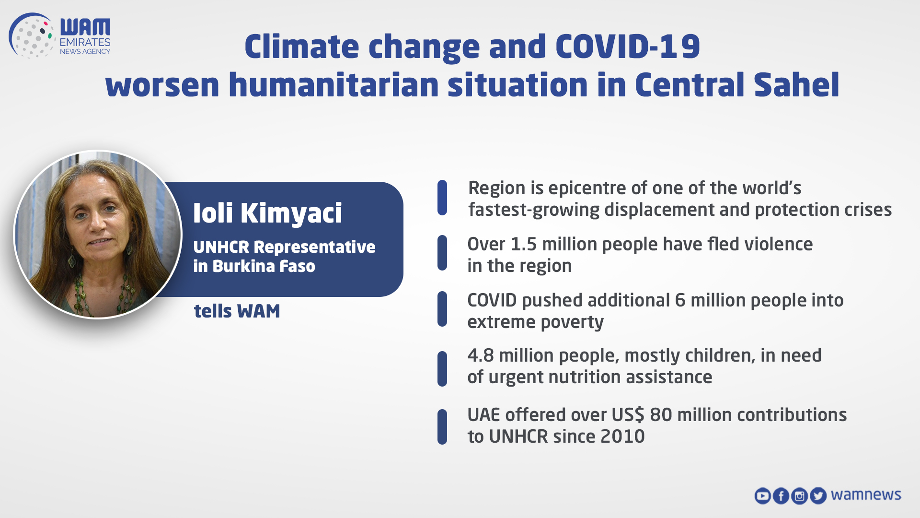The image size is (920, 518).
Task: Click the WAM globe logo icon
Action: point(31,36)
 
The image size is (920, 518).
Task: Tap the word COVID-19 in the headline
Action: point(627,47)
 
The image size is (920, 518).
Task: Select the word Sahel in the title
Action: point(796,85)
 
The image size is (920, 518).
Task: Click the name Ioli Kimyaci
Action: point(267,213)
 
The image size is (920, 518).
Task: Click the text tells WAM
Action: point(237,311)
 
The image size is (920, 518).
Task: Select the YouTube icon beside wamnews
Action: point(762,495)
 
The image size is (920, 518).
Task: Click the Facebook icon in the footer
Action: point(781,495)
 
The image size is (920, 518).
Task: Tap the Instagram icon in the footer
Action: point(799,495)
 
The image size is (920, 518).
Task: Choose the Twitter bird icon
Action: point(818,495)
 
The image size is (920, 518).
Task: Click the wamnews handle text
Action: point(866,494)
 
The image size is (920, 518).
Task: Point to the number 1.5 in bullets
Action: point(523,244)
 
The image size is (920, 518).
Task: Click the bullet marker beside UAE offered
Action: point(442,426)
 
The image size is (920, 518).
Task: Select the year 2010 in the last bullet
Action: point(622,436)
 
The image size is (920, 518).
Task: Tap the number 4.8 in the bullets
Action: point(481,355)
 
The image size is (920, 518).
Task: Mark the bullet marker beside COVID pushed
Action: point(442,309)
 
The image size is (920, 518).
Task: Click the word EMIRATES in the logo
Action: point(85,42)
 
